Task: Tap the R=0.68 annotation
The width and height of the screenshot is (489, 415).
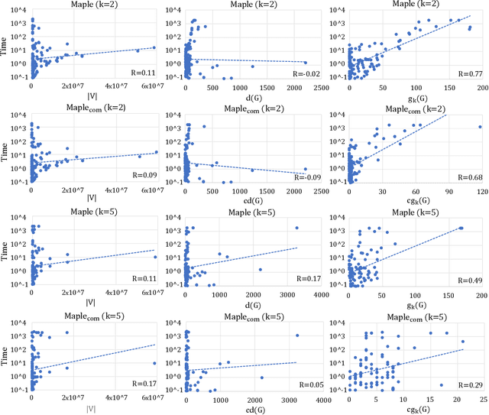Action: coord(468,177)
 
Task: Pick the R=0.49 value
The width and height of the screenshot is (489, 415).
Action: coord(468,280)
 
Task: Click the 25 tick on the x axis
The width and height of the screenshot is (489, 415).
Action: coord(481,399)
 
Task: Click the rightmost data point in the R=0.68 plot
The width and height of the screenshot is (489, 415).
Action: coord(480,127)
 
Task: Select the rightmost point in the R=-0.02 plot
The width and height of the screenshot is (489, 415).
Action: coord(306,63)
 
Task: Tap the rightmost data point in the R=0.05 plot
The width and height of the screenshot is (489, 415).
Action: coord(297,336)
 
